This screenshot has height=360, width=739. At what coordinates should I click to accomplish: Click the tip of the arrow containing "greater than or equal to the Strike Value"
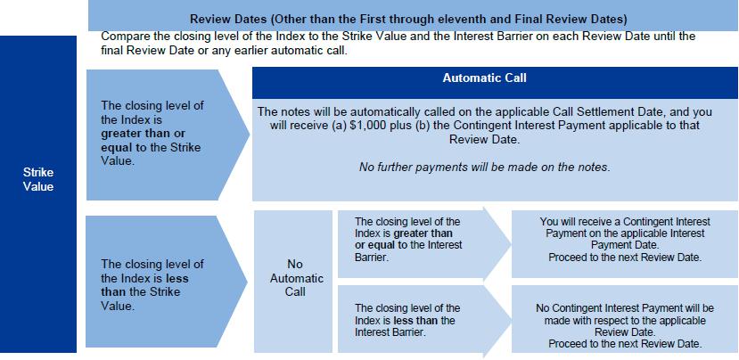tap(250, 135)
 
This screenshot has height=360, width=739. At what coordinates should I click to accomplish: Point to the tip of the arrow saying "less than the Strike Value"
tap(248, 282)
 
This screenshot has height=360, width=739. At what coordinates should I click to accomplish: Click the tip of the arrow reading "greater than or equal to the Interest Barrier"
tap(512, 244)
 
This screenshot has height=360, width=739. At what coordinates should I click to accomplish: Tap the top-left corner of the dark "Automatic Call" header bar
tap(252, 67)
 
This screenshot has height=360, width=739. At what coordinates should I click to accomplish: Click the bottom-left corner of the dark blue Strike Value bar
tap(0, 353)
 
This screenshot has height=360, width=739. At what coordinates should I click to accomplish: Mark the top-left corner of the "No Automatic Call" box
tap(254, 210)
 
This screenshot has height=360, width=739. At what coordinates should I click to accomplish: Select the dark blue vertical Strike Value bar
tap(38, 194)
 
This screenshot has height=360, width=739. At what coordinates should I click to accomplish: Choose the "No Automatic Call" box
tap(293, 282)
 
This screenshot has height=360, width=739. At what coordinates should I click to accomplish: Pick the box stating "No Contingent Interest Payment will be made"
tap(625, 319)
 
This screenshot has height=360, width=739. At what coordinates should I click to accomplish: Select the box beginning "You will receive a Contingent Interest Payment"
tap(625, 244)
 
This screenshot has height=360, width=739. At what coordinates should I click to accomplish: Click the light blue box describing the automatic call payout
tap(495, 150)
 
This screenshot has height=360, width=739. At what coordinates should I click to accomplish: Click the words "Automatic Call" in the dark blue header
tap(485, 78)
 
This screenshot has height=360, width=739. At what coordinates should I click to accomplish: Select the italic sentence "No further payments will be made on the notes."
tap(485, 168)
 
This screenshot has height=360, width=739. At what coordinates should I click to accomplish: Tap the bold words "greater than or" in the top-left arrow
tap(143, 134)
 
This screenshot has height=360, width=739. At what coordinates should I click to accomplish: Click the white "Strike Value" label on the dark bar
tap(38, 179)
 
